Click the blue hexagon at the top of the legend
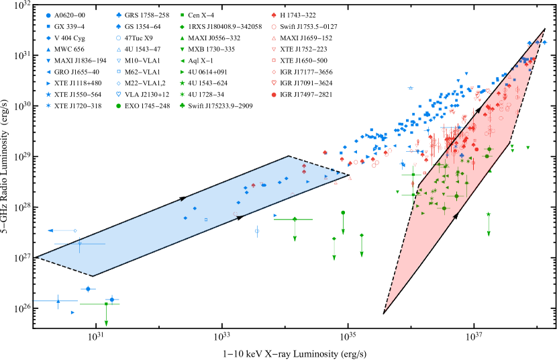[x=48, y=15]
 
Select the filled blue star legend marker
[x=48, y=95]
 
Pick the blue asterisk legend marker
[x=48, y=105]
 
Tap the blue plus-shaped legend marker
[x=119, y=15]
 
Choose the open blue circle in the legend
[x=119, y=38]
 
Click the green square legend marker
[x=182, y=15]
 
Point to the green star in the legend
[x=182, y=83]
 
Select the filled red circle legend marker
[x=274, y=95]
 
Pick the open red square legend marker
[x=274, y=60]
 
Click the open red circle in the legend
[x=274, y=27]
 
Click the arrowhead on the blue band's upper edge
[x=183, y=198]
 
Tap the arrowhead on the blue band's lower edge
[x=240, y=218]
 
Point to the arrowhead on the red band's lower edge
[x=457, y=216]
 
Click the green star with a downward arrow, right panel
[x=489, y=214]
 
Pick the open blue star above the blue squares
[x=411, y=88]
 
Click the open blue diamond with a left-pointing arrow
[x=74, y=230]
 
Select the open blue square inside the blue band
[x=206, y=220]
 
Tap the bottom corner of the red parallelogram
[x=383, y=314]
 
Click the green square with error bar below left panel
[x=106, y=304]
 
